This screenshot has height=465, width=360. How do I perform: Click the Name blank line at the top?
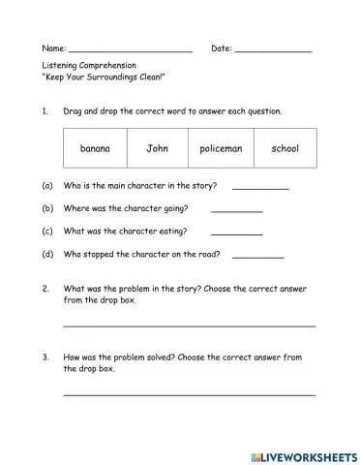131,48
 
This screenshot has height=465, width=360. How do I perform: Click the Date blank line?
273,48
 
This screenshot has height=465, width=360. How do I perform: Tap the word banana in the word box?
95,149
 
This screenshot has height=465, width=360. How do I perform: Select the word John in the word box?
157,149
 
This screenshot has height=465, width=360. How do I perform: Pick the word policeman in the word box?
221,149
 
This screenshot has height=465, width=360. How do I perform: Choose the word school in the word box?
285,149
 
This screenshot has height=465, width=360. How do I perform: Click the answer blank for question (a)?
260,187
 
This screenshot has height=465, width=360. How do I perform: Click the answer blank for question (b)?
236,209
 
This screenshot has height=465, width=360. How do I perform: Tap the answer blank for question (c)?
236,232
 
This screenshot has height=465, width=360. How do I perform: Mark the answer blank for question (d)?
258,256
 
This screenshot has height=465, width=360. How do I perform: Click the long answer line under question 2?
189,325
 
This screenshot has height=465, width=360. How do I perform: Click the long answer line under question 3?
189,393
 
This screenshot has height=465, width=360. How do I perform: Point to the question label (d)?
47,256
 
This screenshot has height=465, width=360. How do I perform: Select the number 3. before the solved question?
45,357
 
